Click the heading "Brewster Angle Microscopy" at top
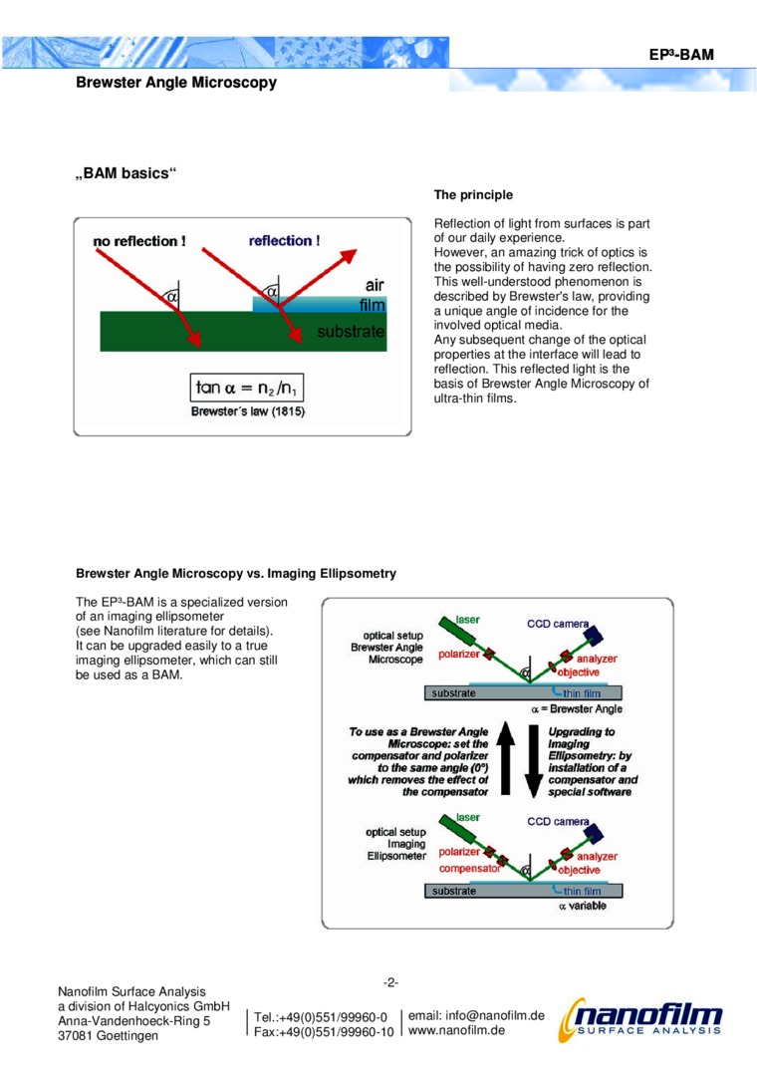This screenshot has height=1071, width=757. (x=176, y=83)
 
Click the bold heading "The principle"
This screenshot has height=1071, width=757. (x=473, y=194)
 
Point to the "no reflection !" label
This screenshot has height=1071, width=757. (x=139, y=241)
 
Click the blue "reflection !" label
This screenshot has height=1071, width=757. (x=285, y=241)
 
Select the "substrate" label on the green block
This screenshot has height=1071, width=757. (x=351, y=331)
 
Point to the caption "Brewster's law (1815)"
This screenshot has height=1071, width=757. (x=248, y=410)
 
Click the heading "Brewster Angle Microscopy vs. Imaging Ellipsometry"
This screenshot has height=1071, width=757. (x=237, y=574)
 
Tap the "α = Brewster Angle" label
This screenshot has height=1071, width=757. (x=577, y=708)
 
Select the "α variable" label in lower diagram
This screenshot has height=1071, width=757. (x=582, y=906)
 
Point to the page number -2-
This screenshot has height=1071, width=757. (x=392, y=982)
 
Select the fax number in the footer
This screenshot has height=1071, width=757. (x=324, y=1032)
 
